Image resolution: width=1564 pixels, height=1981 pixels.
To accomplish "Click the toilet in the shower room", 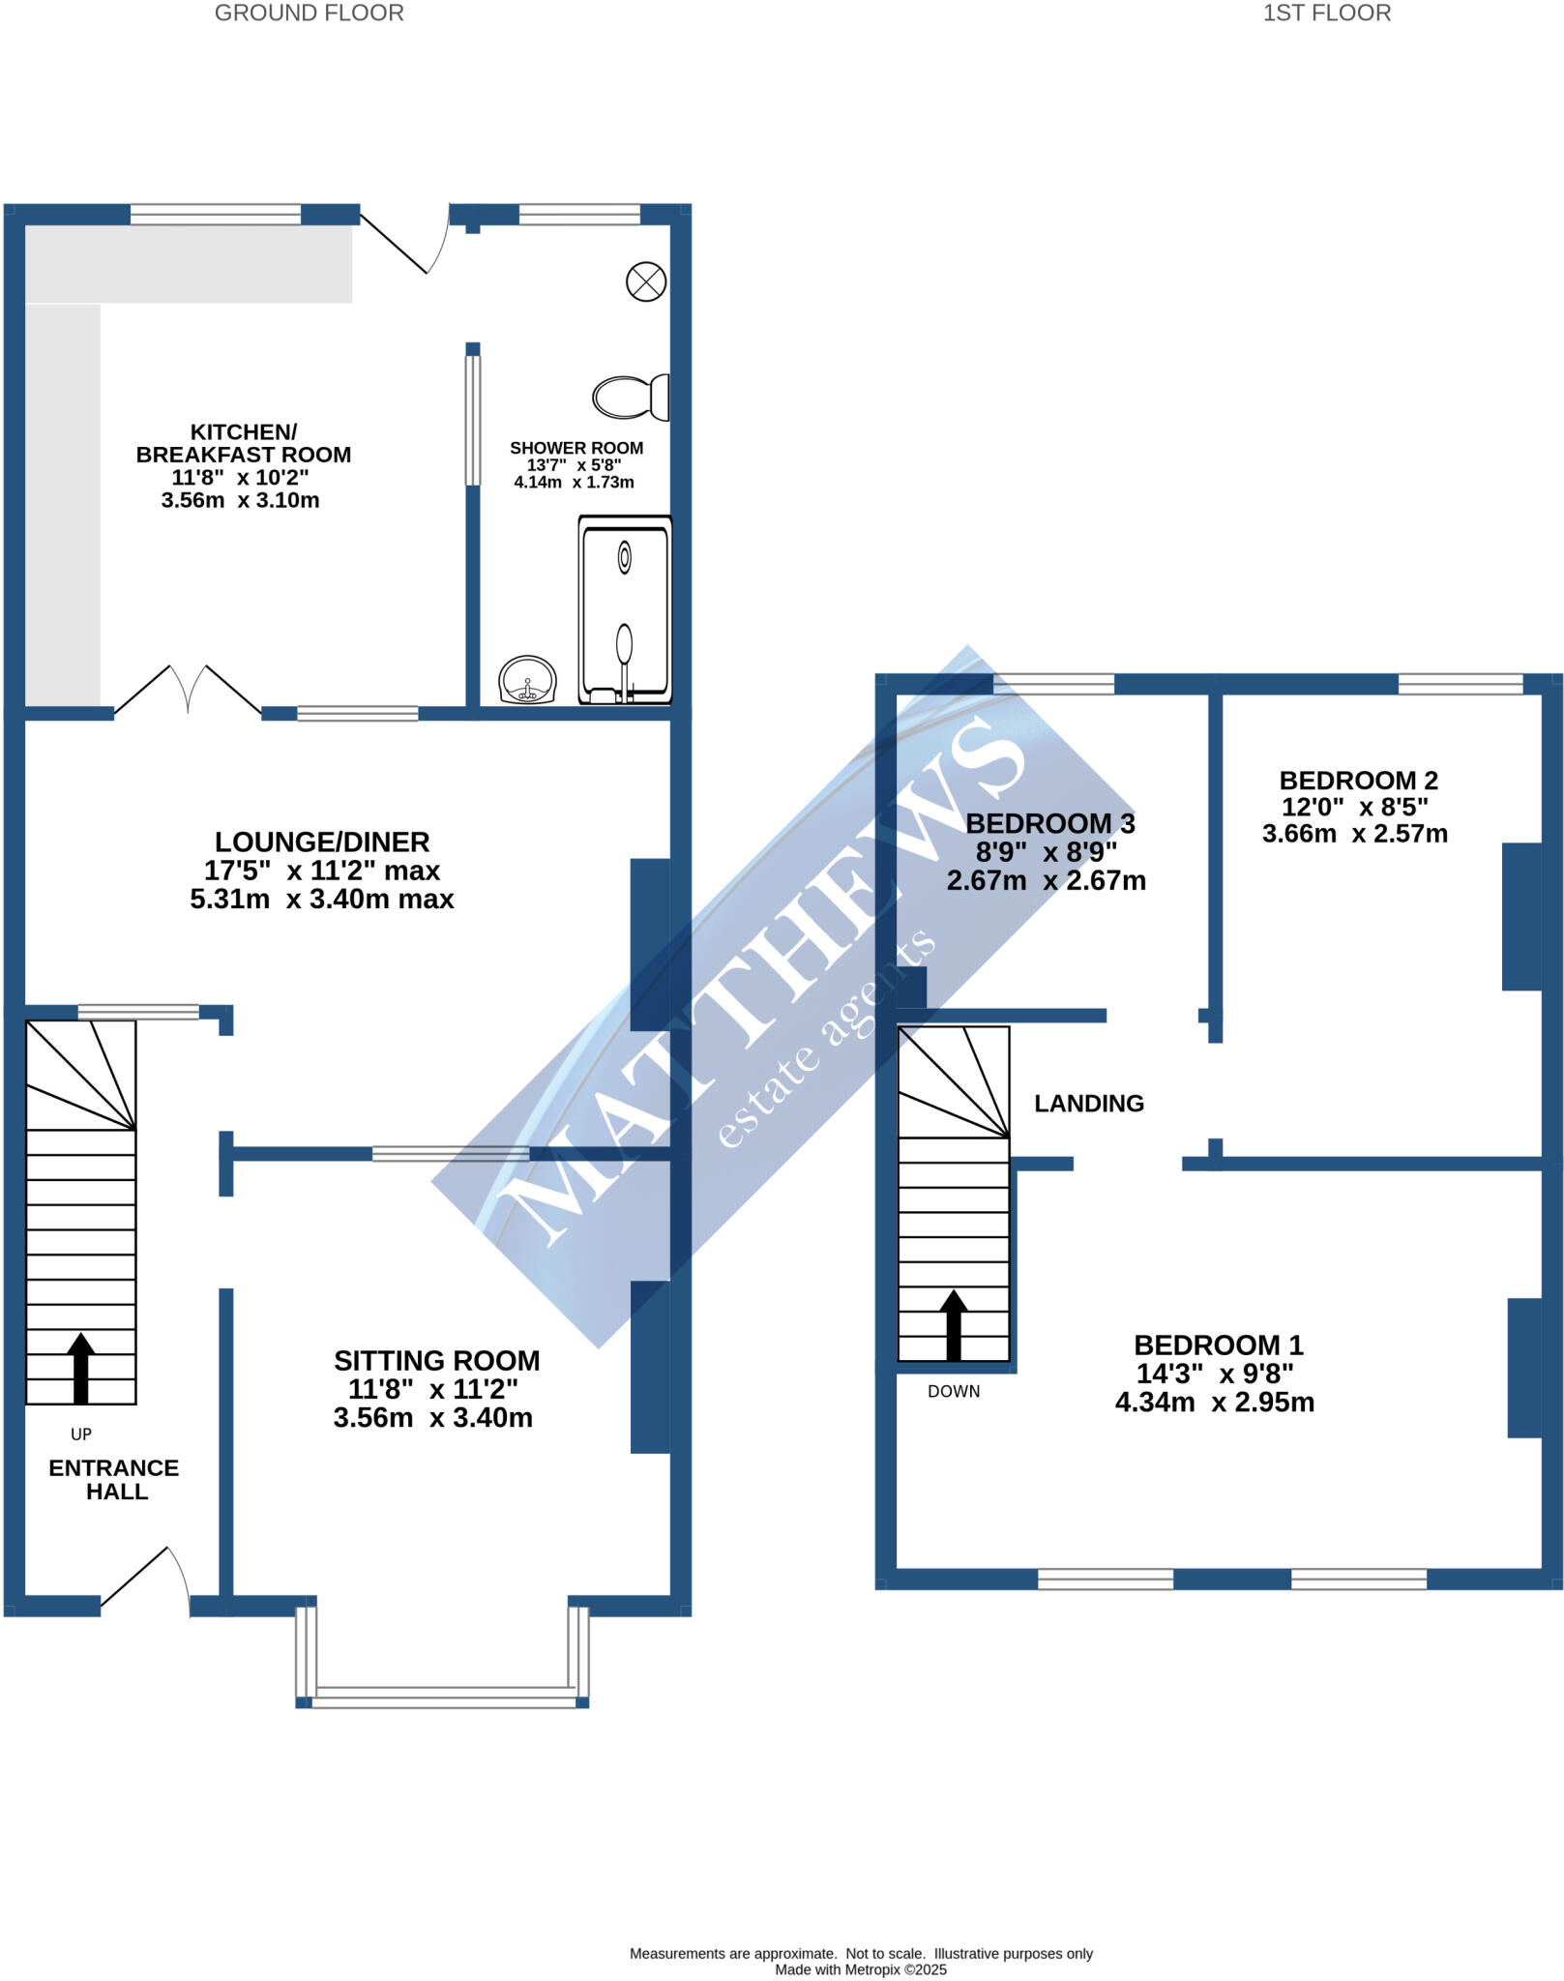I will click(630, 397).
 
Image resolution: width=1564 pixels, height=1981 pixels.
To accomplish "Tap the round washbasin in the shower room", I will click(527, 679).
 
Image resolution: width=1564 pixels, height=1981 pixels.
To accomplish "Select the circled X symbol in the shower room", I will click(646, 282).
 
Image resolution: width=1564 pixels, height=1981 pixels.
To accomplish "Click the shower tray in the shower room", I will click(625, 609).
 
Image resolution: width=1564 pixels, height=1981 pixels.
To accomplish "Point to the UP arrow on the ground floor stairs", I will click(81, 1368).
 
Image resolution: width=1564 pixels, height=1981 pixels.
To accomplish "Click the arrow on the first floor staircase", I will click(954, 1324).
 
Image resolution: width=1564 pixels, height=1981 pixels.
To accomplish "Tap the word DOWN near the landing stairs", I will click(954, 1392).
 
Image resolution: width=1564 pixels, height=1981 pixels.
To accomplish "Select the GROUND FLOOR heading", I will click(309, 14).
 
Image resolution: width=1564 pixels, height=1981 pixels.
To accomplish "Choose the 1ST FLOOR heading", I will click(1326, 14).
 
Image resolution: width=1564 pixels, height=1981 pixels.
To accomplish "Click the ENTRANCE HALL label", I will click(114, 1480).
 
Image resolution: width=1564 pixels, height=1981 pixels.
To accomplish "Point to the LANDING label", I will click(1089, 1104).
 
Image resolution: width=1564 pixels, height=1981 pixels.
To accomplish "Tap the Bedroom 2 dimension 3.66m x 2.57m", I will click(1354, 834).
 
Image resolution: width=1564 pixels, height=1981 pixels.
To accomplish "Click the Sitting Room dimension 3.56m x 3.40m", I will click(432, 1418).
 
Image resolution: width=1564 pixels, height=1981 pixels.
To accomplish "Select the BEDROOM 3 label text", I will click(1050, 824).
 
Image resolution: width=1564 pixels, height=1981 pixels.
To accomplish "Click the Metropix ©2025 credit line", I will click(860, 1969).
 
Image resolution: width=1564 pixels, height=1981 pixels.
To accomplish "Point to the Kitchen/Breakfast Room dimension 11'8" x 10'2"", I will click(240, 478).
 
